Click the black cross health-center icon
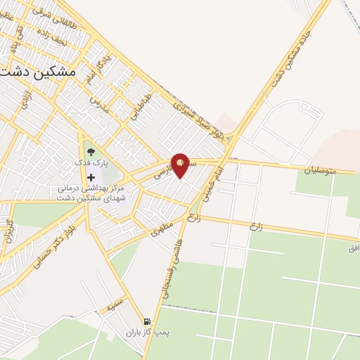[x=91, y=176]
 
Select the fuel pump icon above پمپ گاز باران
[x=146, y=320]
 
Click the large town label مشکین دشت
[x=38, y=70]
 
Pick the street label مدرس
[x=96, y=105]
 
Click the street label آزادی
[x=25, y=102]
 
